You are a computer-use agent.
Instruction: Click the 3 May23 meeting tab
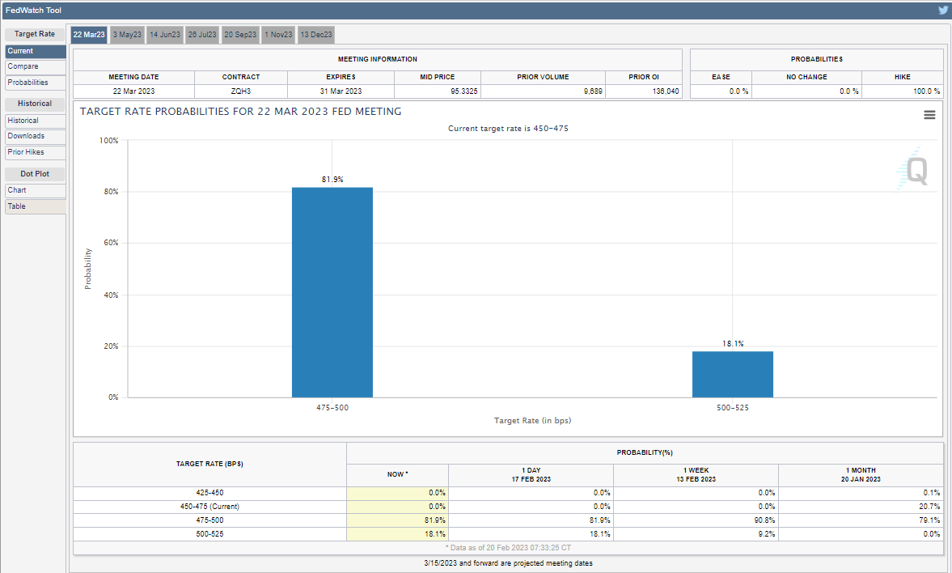pos(127,35)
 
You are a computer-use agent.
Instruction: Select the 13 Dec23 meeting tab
pos(316,35)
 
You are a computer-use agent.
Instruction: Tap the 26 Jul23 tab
pos(202,35)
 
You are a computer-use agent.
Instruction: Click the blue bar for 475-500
pos(332,292)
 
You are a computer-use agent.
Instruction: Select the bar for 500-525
pos(733,374)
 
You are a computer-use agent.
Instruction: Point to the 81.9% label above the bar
pos(332,179)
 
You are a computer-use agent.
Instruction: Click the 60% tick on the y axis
pos(111,243)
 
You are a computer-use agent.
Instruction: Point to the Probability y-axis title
pos(88,269)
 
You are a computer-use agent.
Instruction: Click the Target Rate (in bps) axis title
pos(532,421)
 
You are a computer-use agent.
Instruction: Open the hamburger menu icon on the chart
pos(929,115)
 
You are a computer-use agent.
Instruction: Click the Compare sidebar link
pos(36,67)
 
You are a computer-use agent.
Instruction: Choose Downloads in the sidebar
pos(36,136)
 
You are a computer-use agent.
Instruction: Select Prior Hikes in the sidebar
pos(36,152)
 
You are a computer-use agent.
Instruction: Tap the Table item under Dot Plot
pos(36,206)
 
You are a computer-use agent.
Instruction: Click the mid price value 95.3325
pos(463,91)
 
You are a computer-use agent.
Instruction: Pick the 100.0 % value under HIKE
pos(926,91)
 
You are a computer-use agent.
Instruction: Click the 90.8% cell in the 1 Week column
pos(766,520)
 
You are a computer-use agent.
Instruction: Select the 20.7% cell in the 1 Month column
pos(929,506)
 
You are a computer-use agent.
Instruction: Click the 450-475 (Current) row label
pos(209,506)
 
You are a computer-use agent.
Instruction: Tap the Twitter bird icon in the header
pos(943,11)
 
